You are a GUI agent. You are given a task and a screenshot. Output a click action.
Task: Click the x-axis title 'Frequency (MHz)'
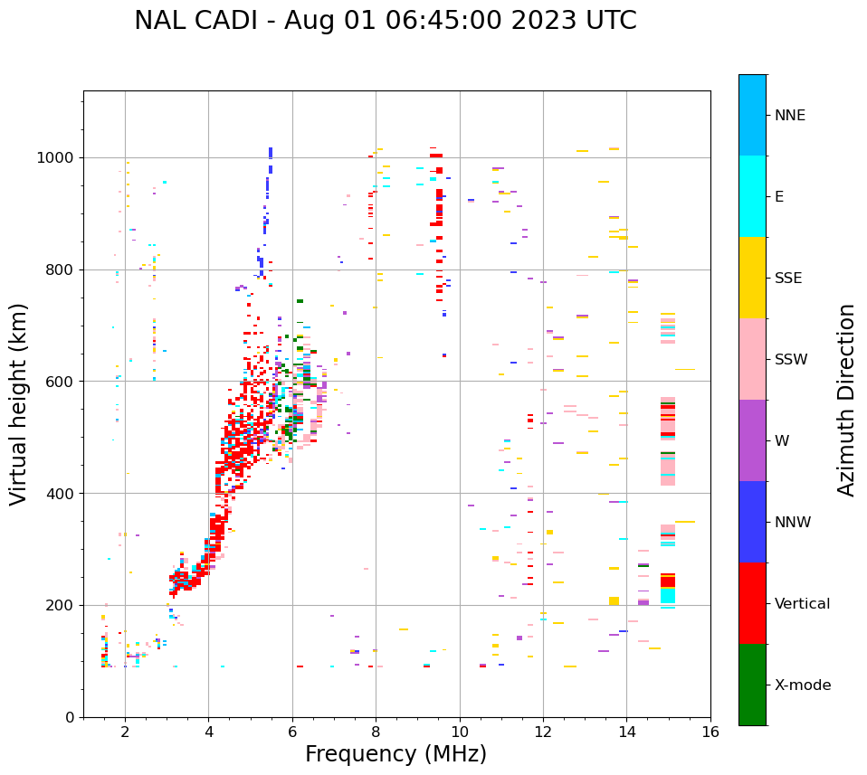pos(395,754)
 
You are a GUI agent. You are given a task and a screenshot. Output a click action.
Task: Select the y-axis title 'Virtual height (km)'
pos(19,403)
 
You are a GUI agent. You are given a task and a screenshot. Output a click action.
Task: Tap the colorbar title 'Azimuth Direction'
pos(846,400)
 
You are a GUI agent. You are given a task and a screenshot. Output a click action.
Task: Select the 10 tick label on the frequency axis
pos(460,732)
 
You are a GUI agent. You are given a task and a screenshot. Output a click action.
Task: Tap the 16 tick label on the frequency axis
pos(710,732)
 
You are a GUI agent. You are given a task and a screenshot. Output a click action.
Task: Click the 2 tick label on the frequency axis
pos(125,732)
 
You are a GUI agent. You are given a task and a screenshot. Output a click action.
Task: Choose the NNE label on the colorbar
pos(789,116)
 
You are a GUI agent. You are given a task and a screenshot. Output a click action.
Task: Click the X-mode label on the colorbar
pos(802,685)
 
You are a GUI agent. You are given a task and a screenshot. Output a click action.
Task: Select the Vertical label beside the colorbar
pos(802,604)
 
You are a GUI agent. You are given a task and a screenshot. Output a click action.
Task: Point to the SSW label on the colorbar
pos(791,360)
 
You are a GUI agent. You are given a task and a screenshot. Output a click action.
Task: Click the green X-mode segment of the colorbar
pos(752,685)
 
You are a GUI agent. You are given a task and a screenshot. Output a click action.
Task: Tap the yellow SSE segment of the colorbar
pos(752,278)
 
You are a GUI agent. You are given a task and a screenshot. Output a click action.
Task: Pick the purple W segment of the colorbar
pos(752,440)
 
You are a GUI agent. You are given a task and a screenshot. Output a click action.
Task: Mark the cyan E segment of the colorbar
pos(752,196)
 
